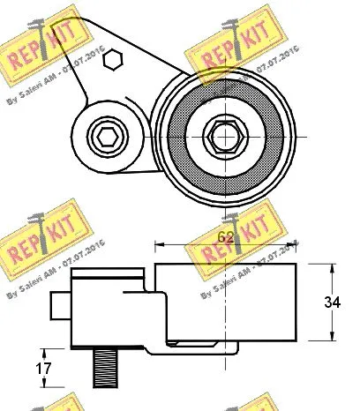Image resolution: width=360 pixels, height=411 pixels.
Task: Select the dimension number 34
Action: point(332,302)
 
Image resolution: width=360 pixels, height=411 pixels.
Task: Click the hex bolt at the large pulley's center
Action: point(220,136)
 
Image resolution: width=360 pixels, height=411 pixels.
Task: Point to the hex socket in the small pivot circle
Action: point(106,137)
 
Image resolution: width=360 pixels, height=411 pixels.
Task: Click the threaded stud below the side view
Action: point(104,367)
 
